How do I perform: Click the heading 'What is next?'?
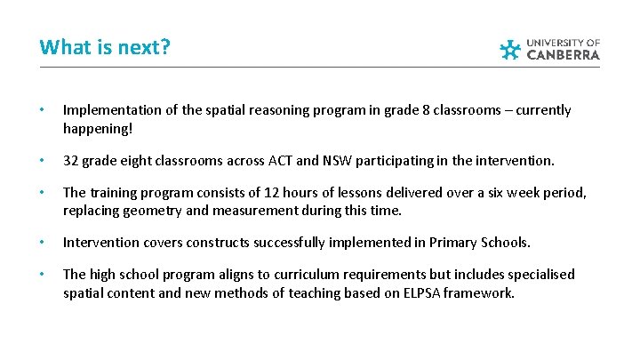105,46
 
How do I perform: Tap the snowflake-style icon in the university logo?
509,50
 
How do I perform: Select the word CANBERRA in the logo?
564,55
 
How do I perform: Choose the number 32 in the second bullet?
71,161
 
